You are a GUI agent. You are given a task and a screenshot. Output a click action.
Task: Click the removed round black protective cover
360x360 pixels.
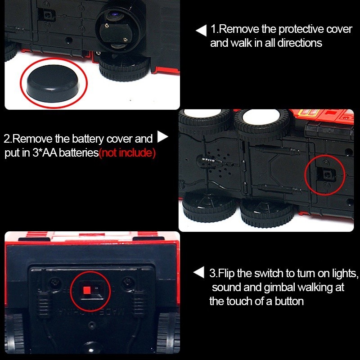pos(53,83)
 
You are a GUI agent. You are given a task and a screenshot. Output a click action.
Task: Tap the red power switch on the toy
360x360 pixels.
pos(87,290)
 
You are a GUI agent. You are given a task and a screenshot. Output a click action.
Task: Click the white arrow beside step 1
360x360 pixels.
pos(201,31)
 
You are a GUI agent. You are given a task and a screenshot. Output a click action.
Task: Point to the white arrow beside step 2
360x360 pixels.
pos(162,137)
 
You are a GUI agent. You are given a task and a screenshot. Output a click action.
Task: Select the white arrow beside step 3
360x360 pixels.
pos(199,272)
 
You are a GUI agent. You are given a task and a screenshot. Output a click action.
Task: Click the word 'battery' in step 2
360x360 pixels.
pos(88,139)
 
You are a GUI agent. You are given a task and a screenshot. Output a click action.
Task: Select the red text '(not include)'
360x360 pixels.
pos(127,153)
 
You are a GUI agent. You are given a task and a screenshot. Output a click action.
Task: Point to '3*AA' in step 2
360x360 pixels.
pos(45,153)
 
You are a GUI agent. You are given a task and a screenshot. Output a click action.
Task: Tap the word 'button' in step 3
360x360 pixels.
pos(289,301)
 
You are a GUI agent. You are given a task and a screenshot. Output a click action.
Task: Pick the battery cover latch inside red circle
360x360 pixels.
pos(327,175)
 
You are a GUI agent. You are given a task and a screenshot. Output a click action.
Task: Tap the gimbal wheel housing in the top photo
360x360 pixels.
pos(121,29)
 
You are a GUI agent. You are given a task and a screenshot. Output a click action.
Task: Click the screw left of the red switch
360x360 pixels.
pos(55,283)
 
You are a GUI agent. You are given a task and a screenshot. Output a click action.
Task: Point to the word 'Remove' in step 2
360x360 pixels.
pos(32,139)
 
